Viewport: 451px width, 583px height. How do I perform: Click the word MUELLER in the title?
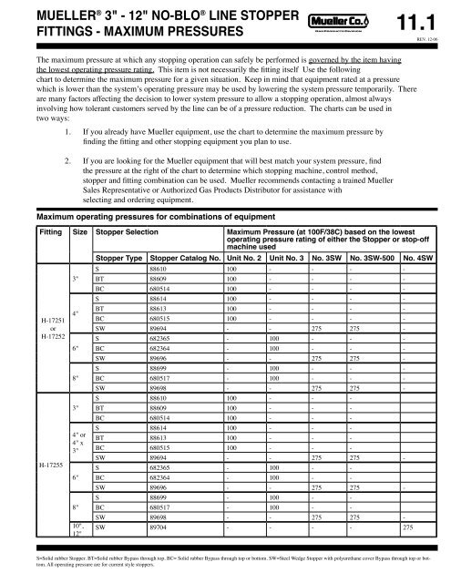click(37, 12)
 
